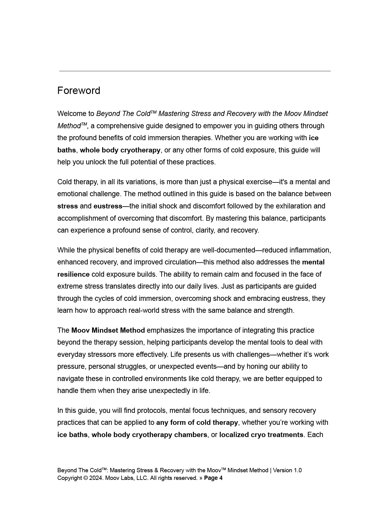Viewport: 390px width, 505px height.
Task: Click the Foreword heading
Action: tap(79, 91)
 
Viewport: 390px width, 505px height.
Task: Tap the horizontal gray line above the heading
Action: tap(195, 71)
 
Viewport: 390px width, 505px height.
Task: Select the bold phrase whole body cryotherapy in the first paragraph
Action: tap(120, 150)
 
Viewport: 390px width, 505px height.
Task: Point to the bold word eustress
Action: tap(108, 206)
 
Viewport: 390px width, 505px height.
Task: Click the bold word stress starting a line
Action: tap(67, 206)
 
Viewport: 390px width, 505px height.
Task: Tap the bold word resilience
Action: tap(73, 274)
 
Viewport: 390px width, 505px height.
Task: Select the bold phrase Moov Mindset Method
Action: tap(108, 330)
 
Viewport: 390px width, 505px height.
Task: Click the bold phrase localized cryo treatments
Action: tap(261, 435)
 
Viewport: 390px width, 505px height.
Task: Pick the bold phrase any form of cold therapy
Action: tap(197, 422)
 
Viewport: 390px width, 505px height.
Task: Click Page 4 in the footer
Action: tap(213, 478)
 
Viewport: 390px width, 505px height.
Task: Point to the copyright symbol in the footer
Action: tap(85, 478)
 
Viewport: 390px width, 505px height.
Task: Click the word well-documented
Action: tap(228, 250)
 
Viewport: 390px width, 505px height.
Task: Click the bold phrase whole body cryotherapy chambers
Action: tap(149, 435)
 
